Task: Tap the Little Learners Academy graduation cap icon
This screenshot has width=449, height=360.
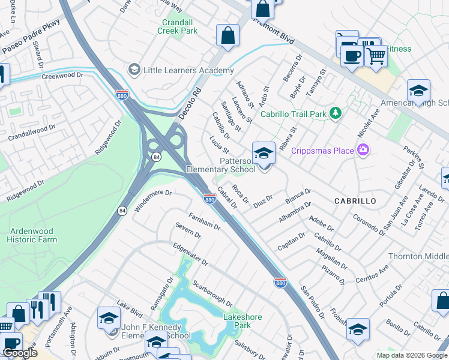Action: pyautogui.click(x=133, y=70)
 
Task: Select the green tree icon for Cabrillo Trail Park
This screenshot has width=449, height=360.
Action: pyautogui.click(x=336, y=113)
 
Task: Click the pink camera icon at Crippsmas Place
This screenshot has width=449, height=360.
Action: pyautogui.click(x=362, y=150)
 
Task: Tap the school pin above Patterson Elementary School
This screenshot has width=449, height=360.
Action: pyautogui.click(x=264, y=154)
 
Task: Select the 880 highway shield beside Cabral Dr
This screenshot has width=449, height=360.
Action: pyautogui.click(x=209, y=199)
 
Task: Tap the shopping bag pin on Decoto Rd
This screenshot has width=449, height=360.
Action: pyautogui.click(x=228, y=35)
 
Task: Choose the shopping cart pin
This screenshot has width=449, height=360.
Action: pyautogui.click(x=376, y=56)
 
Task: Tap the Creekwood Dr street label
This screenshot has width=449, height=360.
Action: pyautogui.click(x=61, y=76)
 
